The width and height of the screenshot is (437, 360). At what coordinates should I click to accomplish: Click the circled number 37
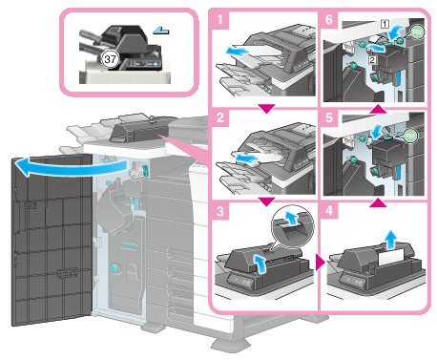pos(110,59)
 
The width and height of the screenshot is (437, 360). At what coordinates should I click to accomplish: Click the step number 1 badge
pos(219,20)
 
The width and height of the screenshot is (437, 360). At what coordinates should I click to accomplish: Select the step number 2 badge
pos(220,117)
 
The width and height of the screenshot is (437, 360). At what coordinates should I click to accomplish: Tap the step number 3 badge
pos(220,211)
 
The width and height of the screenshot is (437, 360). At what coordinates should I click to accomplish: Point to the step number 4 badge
pos(329,210)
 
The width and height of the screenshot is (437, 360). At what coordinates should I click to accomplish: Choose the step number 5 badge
pos(329,117)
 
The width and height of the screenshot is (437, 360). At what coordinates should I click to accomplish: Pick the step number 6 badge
pos(329,20)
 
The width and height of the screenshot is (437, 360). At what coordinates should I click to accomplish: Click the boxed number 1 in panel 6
pos(385,24)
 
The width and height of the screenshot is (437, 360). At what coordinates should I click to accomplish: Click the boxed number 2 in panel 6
pos(372,59)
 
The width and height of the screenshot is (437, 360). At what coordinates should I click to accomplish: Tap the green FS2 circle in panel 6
pos(417,32)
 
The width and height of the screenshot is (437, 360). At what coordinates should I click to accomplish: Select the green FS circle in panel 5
pos(410,137)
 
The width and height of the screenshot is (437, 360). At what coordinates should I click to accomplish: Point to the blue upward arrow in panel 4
pos(391,240)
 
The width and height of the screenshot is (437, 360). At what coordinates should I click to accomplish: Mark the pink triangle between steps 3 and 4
pos(320,263)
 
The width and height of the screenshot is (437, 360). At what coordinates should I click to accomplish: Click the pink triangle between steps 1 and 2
pos(266,109)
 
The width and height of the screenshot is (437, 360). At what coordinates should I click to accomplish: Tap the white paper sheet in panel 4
pos(391,257)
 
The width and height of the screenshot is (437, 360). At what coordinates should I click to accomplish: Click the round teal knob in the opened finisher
pos(114,267)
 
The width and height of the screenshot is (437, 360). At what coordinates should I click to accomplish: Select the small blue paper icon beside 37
pos(161,31)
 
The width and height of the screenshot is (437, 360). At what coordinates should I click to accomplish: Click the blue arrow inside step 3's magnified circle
pos(290,218)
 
